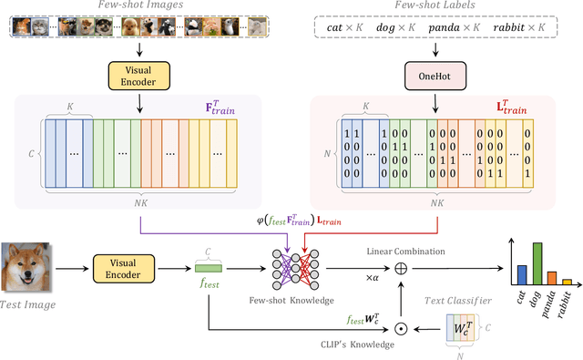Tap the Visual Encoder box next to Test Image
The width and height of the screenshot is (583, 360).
pyautogui.click(x=138, y=267)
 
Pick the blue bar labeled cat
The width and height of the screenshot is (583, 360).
pyautogui.click(x=521, y=274)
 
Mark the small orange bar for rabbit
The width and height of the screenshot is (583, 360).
pyautogui.click(x=567, y=282)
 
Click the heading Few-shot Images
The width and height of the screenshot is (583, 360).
pyautogui.click(x=138, y=6)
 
